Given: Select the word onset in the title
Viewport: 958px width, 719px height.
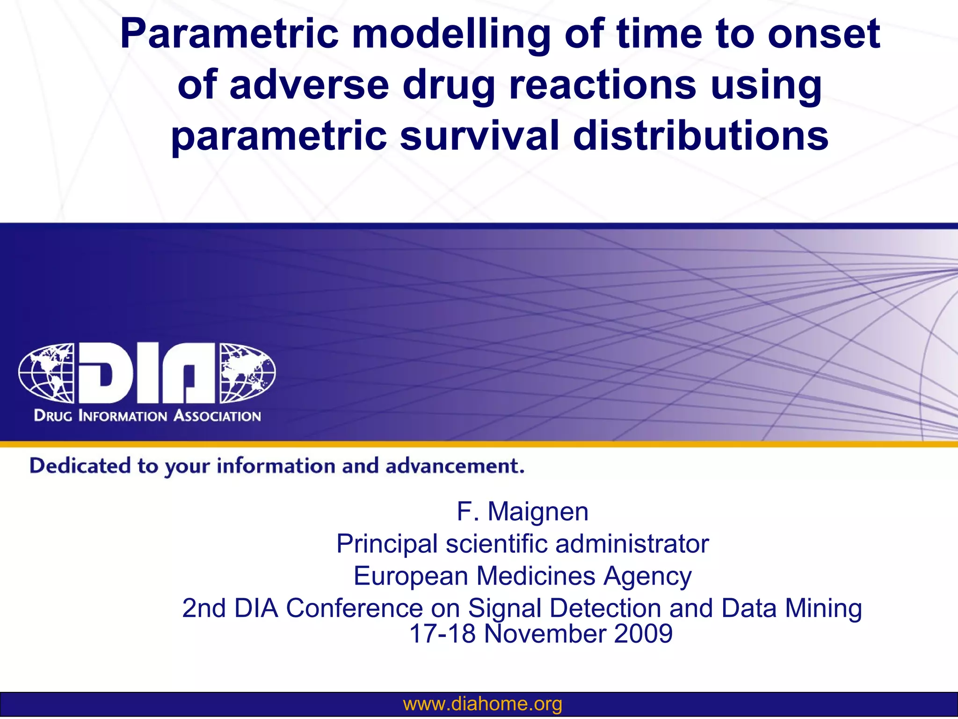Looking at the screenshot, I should (823, 34).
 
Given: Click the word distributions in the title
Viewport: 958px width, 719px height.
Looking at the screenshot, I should (700, 136).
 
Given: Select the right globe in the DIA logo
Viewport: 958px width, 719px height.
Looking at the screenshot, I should (247, 373).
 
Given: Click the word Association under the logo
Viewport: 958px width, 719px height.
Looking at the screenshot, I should (217, 416).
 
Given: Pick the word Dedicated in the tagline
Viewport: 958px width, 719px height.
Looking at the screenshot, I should (80, 466).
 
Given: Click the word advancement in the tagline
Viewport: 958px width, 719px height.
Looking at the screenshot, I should (454, 466).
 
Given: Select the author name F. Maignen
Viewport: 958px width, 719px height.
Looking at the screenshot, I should (522, 511).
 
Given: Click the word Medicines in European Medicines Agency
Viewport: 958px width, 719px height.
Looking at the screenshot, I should (536, 576).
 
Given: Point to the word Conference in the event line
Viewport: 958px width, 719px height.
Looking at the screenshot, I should (354, 608).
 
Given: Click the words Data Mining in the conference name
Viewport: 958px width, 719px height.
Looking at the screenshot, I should (791, 608).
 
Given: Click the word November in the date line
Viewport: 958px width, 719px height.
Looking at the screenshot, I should (544, 634).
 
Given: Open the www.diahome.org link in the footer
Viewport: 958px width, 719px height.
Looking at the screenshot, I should (482, 704).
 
